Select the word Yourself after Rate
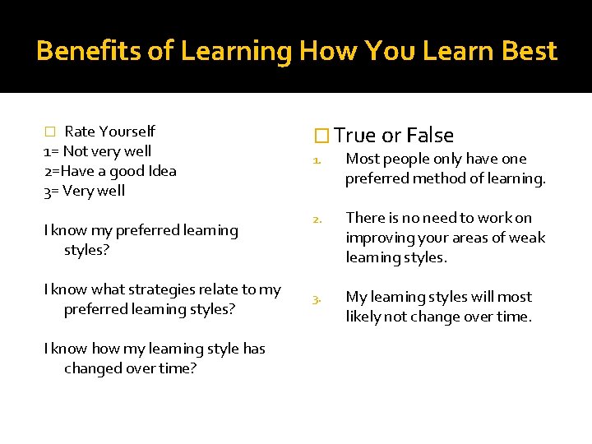click(127, 131)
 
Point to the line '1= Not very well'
click(97, 150)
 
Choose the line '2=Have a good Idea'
click(109, 170)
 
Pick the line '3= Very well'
click(84, 190)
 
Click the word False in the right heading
click(430, 136)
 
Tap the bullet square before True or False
click(323, 136)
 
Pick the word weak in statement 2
click(528, 238)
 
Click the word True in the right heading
click(355, 136)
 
